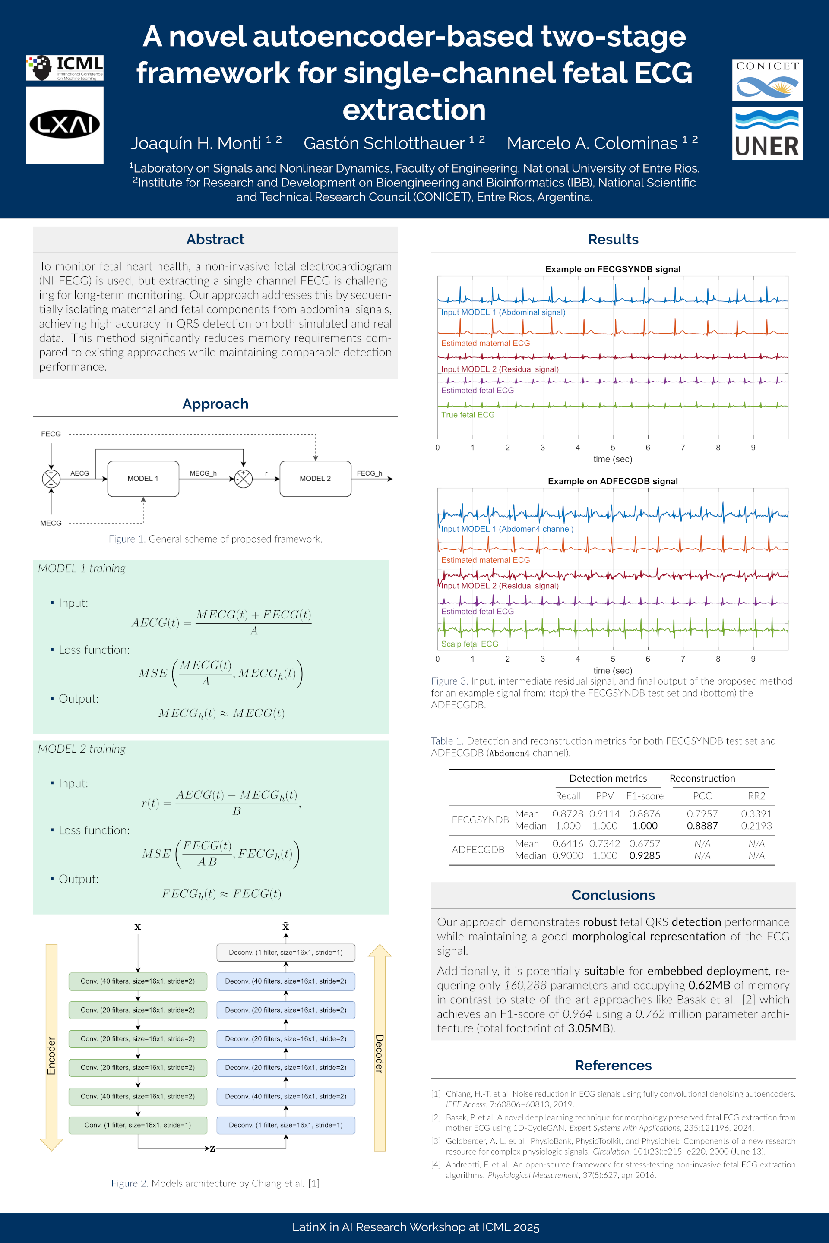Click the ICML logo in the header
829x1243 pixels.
point(64,68)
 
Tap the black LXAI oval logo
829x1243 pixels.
point(64,125)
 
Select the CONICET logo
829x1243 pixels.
point(767,80)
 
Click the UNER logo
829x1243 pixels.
point(767,134)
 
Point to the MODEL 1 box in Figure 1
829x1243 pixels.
point(143,479)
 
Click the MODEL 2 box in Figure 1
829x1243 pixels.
point(315,479)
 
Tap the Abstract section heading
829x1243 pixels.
point(215,240)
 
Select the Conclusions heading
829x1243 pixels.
point(613,895)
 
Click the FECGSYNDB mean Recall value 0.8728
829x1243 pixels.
point(567,814)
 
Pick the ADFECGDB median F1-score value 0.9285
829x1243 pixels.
point(645,855)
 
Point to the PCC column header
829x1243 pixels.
point(702,796)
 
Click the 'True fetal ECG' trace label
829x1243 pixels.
point(468,415)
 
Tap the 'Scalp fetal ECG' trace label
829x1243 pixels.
point(469,644)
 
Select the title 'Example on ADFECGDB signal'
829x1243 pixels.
point(613,481)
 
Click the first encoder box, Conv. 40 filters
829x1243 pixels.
point(137,981)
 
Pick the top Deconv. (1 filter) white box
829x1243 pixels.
point(285,953)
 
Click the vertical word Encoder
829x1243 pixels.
point(51,1056)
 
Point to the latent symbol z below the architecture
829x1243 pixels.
point(212,1148)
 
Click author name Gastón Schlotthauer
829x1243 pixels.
point(384,143)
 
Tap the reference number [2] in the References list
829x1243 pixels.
point(436,1117)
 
